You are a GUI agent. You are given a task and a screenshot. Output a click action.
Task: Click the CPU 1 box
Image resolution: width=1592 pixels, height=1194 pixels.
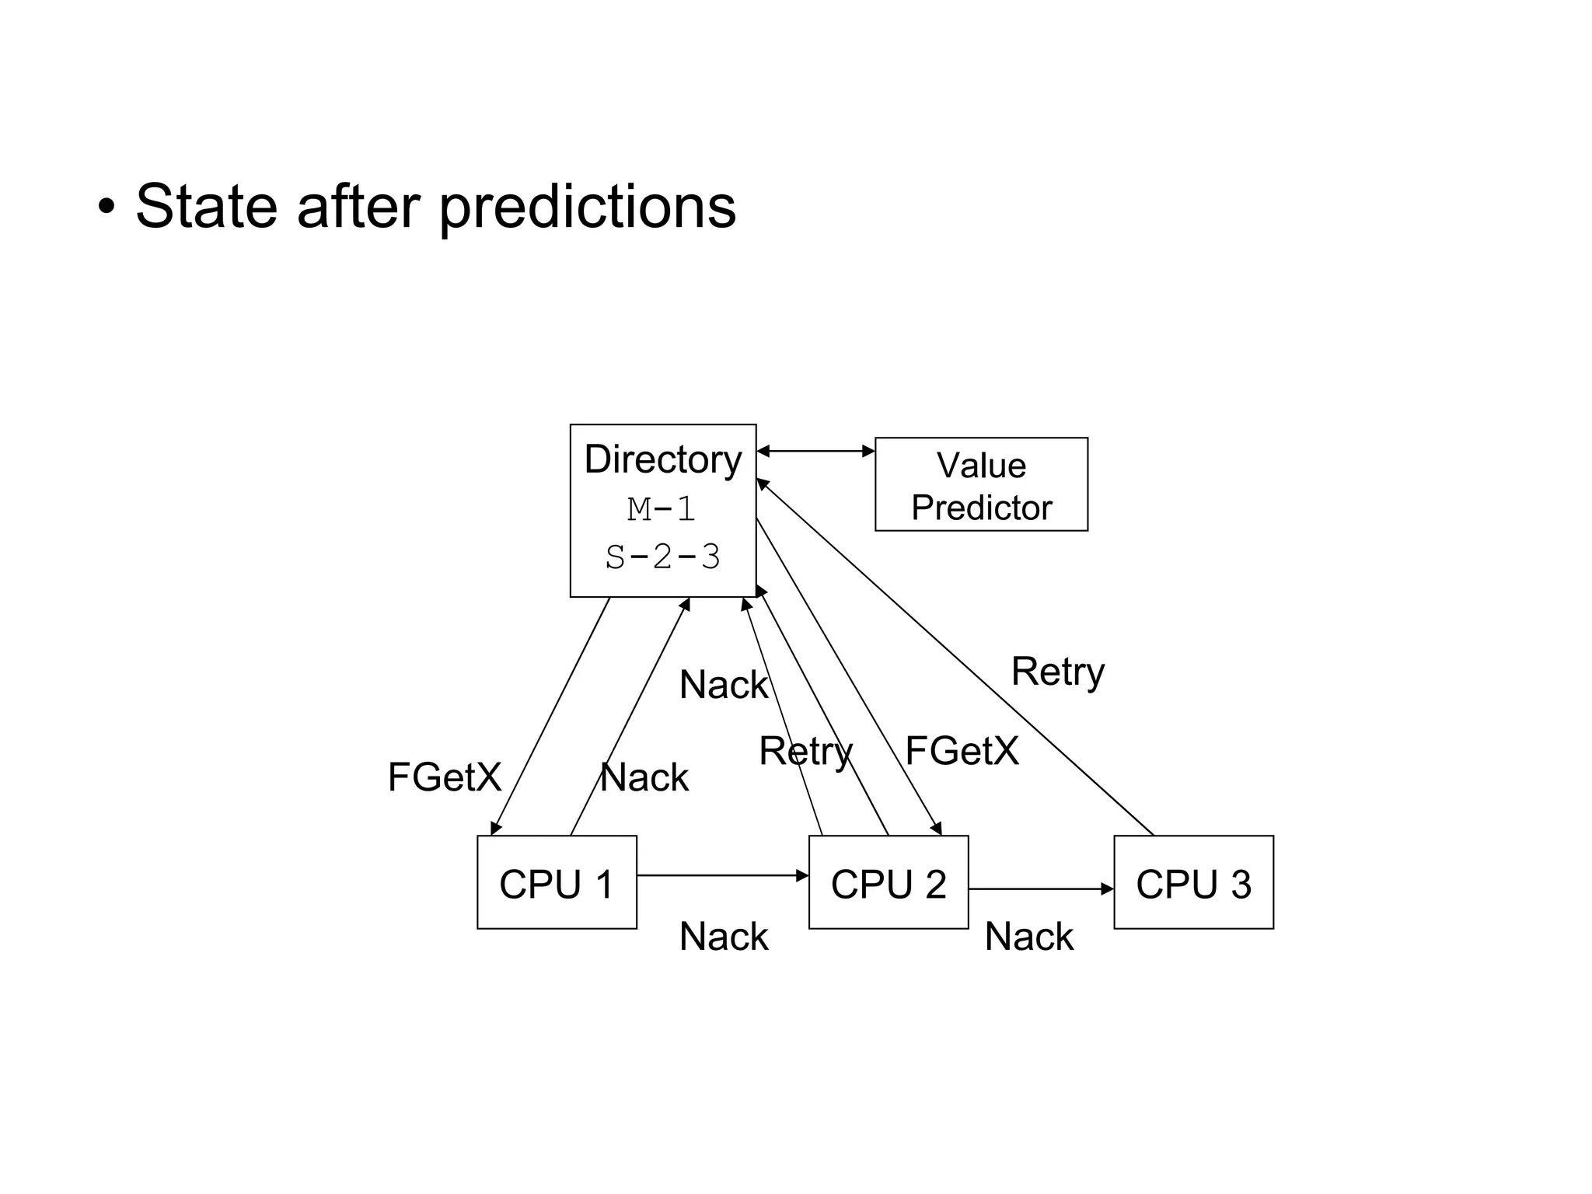coord(557,882)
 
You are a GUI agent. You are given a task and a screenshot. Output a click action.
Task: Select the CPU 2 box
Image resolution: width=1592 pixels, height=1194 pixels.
coord(889,882)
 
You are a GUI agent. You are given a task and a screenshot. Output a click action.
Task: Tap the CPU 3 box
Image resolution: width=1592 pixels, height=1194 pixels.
coord(1193,882)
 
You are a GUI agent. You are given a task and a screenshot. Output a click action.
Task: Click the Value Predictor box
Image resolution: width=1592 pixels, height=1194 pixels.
coord(981,484)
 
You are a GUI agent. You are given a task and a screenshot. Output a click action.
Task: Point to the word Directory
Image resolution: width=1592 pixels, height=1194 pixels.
coord(662,459)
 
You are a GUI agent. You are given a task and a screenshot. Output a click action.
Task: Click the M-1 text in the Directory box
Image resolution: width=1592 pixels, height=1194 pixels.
coord(662,510)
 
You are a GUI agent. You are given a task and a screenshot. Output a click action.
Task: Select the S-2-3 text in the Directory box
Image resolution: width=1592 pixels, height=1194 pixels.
coord(662,557)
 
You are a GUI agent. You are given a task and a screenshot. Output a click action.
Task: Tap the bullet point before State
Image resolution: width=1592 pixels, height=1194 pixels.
coord(106,208)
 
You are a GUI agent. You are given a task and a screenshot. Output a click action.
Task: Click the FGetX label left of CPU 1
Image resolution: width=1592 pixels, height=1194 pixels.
coord(445,777)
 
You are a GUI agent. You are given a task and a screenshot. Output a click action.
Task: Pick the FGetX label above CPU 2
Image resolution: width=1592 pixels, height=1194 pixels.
coord(962,751)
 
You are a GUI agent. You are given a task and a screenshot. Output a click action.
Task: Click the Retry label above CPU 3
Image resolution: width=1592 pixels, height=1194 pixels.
coord(1057,672)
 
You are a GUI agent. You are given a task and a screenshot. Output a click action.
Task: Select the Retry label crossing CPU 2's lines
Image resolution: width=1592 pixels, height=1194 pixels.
coord(805,752)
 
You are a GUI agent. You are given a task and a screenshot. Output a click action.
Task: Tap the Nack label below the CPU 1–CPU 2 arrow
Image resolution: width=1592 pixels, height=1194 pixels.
coord(724,937)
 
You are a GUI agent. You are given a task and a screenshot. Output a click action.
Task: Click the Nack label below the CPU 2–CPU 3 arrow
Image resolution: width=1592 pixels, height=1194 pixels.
coord(1028,937)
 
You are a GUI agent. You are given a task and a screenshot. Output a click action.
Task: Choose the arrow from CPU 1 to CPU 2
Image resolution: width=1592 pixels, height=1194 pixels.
coord(723,875)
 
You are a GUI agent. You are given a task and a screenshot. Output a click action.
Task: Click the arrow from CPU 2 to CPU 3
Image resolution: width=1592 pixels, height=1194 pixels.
coord(1042,889)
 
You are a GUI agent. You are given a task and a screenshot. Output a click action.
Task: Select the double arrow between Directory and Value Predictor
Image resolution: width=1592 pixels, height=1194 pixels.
coord(815,451)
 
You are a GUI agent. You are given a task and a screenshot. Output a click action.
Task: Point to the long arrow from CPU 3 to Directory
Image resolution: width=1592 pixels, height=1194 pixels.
coord(956,657)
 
